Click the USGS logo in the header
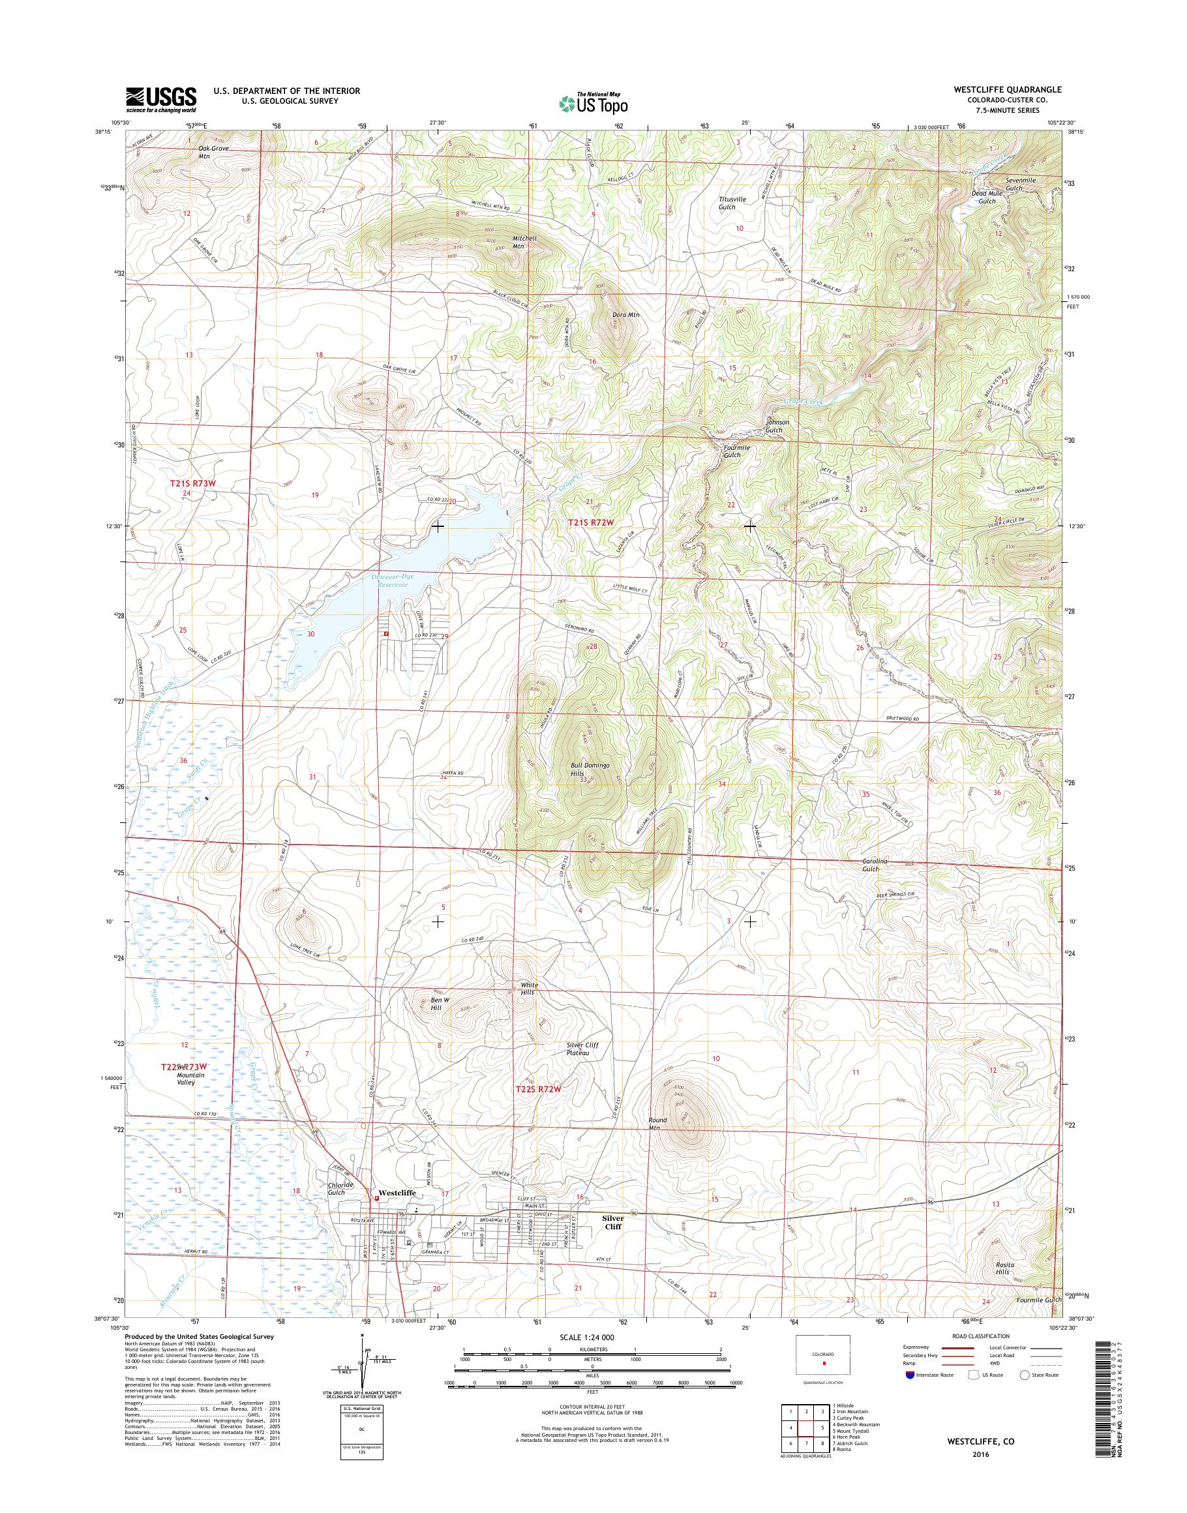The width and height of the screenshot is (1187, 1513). (x=161, y=100)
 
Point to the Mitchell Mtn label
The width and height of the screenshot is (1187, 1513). (x=525, y=242)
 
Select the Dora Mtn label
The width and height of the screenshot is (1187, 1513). (x=625, y=315)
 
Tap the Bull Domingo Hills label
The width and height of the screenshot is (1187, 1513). (x=590, y=769)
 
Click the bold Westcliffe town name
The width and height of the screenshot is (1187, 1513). (x=395, y=1193)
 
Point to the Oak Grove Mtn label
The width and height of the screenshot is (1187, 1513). (x=213, y=152)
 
